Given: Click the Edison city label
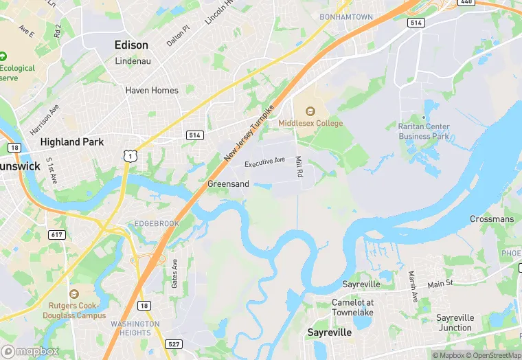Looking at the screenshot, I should coord(131,45).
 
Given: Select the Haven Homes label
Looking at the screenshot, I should coord(152,90).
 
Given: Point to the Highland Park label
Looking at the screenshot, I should coord(72,142).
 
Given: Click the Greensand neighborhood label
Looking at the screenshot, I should coord(228,184).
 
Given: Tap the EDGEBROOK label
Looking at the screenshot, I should coord(157,224).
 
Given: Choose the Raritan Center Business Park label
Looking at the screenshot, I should coord(424,131).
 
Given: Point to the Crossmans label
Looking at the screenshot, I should coord(492,219).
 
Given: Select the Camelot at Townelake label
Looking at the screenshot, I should coord(353,307).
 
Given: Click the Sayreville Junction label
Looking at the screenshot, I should coord(455,323).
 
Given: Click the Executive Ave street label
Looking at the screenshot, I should coord(264,161).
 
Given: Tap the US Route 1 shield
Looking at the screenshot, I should coord(128,157).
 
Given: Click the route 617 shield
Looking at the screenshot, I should coord(57,235).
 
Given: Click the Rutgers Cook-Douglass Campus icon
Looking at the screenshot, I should coord(74,294).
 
